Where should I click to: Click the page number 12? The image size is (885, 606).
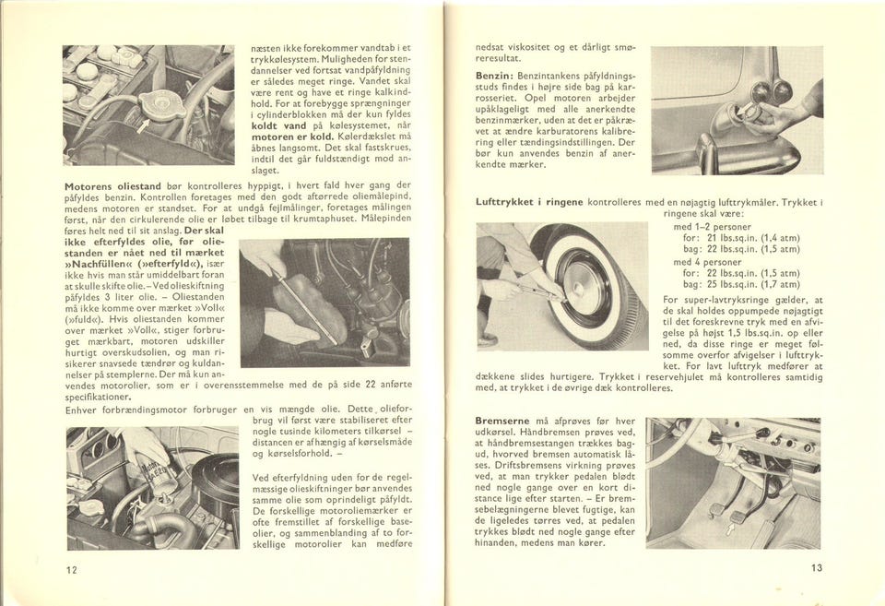[71, 568]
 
